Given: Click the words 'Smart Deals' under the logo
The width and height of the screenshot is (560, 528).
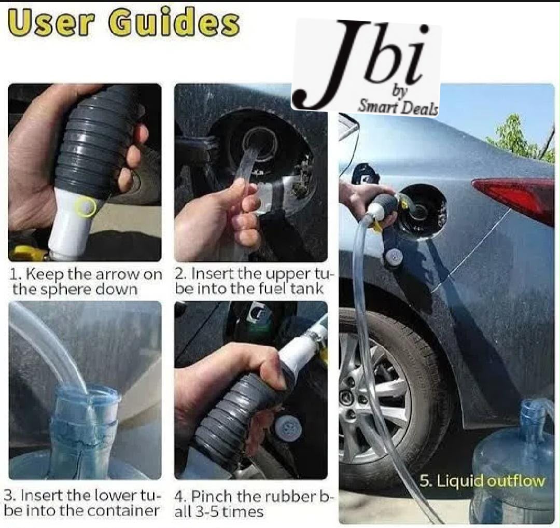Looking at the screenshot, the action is click(398, 106).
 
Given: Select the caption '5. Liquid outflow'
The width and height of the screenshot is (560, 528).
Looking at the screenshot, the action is click(482, 481).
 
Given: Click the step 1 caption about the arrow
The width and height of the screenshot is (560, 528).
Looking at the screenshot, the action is click(85, 281).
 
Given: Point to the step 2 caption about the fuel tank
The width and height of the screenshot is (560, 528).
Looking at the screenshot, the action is click(254, 281).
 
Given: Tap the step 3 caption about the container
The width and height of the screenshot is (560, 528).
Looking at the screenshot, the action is click(81, 503).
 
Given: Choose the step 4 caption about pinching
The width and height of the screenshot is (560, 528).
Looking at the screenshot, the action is click(254, 504).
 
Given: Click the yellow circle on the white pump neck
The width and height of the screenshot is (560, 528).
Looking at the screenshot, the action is click(86, 207).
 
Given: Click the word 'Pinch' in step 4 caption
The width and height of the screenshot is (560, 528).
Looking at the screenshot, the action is click(211, 496).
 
